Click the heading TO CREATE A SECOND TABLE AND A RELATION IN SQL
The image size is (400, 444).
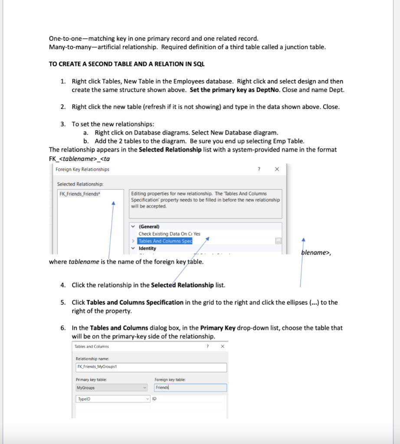[x=127, y=64]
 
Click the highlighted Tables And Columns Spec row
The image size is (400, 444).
[x=165, y=241]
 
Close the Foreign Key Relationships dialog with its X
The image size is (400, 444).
[x=277, y=169]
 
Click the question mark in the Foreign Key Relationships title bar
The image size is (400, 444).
[x=259, y=169]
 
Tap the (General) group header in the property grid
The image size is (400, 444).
[x=149, y=226]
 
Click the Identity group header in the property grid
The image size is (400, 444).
[x=147, y=248]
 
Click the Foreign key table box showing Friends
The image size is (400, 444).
[x=190, y=388]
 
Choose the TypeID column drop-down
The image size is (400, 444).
[x=112, y=399]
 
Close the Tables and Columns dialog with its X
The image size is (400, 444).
[x=223, y=346]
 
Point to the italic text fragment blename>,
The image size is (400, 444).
[x=315, y=253]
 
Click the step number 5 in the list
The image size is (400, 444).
[x=63, y=302]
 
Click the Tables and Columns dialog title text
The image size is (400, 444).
[x=92, y=346]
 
